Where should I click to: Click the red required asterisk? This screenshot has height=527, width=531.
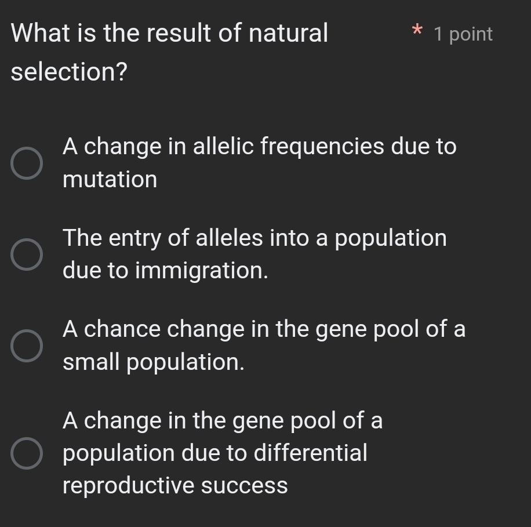point(415,30)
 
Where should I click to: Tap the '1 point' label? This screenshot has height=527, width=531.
point(463,34)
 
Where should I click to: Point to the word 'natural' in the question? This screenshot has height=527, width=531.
point(288,33)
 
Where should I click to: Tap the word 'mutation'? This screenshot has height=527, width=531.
point(110,180)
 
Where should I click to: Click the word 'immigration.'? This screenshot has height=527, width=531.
point(202,271)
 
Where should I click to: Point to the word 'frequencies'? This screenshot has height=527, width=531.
point(322,147)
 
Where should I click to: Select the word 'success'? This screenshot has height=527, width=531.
point(244,486)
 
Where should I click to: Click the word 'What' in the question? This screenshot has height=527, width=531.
point(39,33)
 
